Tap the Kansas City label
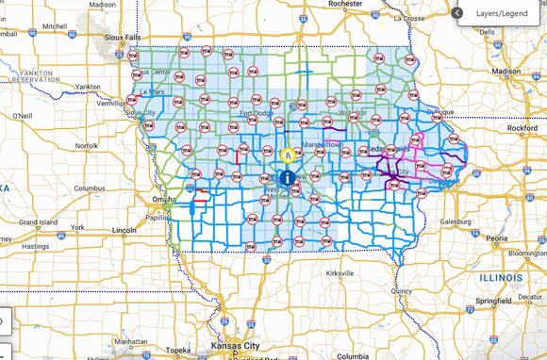(x=240, y=344)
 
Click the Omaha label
(x=151, y=201)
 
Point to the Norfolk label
(x=87, y=146)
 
